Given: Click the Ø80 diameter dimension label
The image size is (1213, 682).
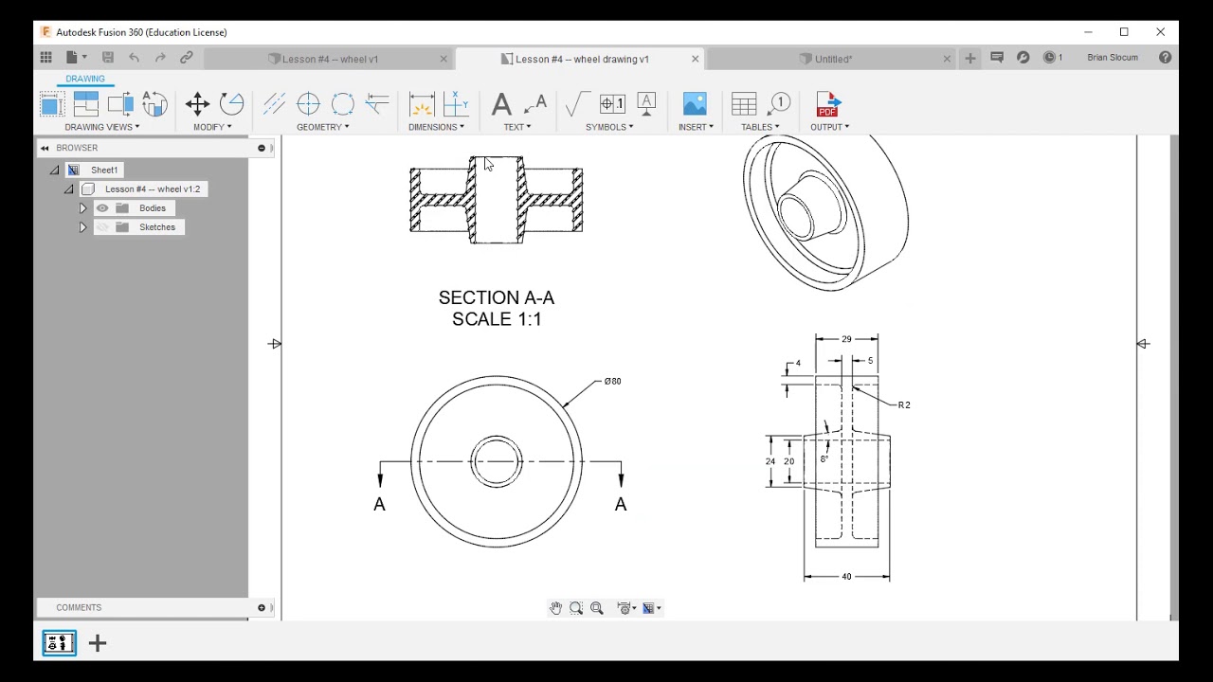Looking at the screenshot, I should (x=612, y=382).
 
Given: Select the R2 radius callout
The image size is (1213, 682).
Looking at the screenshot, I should (x=903, y=405).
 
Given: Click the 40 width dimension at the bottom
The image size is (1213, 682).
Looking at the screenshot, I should (x=846, y=577).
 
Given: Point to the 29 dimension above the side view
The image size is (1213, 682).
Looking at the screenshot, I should (x=846, y=339).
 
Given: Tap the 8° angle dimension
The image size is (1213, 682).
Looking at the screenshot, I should (x=824, y=459).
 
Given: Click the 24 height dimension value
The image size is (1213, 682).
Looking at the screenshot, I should (x=770, y=461).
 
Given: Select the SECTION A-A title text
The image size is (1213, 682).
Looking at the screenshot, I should (x=496, y=298).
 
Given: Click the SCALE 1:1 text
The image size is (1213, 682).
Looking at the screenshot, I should (x=497, y=320).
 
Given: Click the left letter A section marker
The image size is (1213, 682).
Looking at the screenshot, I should (x=379, y=505).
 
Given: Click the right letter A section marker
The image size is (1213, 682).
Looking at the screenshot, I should (x=621, y=505).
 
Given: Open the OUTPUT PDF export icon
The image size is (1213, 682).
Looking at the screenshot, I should (x=827, y=104).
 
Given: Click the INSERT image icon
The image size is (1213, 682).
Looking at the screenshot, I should (x=695, y=104).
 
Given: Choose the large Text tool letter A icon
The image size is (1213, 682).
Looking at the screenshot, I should (x=501, y=104).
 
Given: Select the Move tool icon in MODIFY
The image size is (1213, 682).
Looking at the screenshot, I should (x=197, y=104).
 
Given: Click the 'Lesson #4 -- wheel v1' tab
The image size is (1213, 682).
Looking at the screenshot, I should (x=330, y=59).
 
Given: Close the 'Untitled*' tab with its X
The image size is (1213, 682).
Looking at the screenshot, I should (x=946, y=59).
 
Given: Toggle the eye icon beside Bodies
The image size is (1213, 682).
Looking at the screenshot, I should (x=102, y=208).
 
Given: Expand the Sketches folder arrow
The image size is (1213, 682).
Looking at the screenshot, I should (x=82, y=227).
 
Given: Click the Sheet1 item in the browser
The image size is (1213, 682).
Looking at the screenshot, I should (x=104, y=170).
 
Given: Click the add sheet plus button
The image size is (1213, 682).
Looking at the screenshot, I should (x=98, y=644).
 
